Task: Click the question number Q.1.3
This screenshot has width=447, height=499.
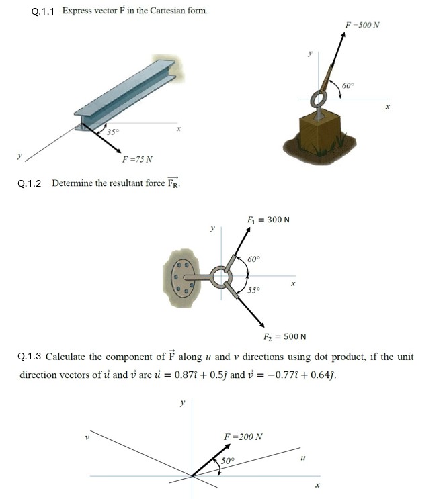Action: coord(30,357)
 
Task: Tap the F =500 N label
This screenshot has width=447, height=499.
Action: coord(362,25)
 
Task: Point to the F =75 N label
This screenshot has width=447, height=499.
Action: coord(137,159)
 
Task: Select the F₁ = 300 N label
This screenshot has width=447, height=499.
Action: coord(268,219)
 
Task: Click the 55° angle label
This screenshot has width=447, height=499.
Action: coord(253,291)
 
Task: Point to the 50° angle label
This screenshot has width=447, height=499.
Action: coord(229,461)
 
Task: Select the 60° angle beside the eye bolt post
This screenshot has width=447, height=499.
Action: coord(348,86)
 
